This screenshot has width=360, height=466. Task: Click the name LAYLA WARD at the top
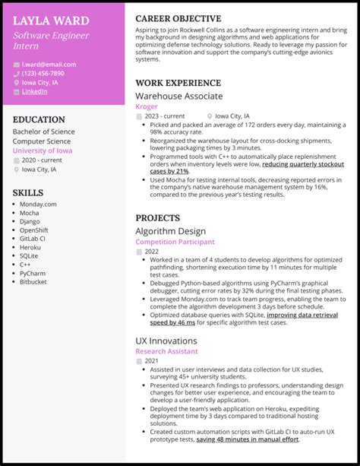51,21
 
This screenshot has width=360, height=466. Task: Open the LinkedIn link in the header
34,91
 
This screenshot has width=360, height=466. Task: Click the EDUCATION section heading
39,119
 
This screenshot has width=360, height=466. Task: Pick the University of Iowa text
43,151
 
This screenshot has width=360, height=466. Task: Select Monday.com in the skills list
38,204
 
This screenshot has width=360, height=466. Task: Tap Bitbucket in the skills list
34,281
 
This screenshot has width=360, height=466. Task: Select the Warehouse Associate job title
179,97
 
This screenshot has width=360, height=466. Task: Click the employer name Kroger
147,107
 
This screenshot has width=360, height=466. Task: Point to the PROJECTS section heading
157,217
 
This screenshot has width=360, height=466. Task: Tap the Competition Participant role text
175,242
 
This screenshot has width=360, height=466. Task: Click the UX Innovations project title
167,341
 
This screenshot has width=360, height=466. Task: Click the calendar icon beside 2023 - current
139,116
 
